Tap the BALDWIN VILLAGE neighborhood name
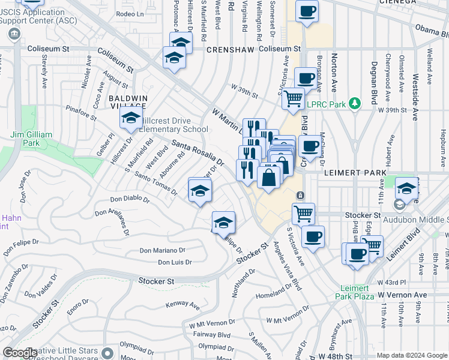pyautogui.click(x=128, y=101)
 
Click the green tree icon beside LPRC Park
pyautogui.click(x=355, y=104)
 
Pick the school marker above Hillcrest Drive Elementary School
pyautogui.click(x=130, y=119)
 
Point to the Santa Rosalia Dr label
pyautogui.click(x=197, y=153)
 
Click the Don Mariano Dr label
pyautogui.click(x=162, y=250)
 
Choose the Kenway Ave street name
pyautogui.click(x=182, y=305)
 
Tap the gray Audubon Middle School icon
pyautogui.click(x=399, y=205)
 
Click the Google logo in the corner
pyautogui.click(x=20, y=353)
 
